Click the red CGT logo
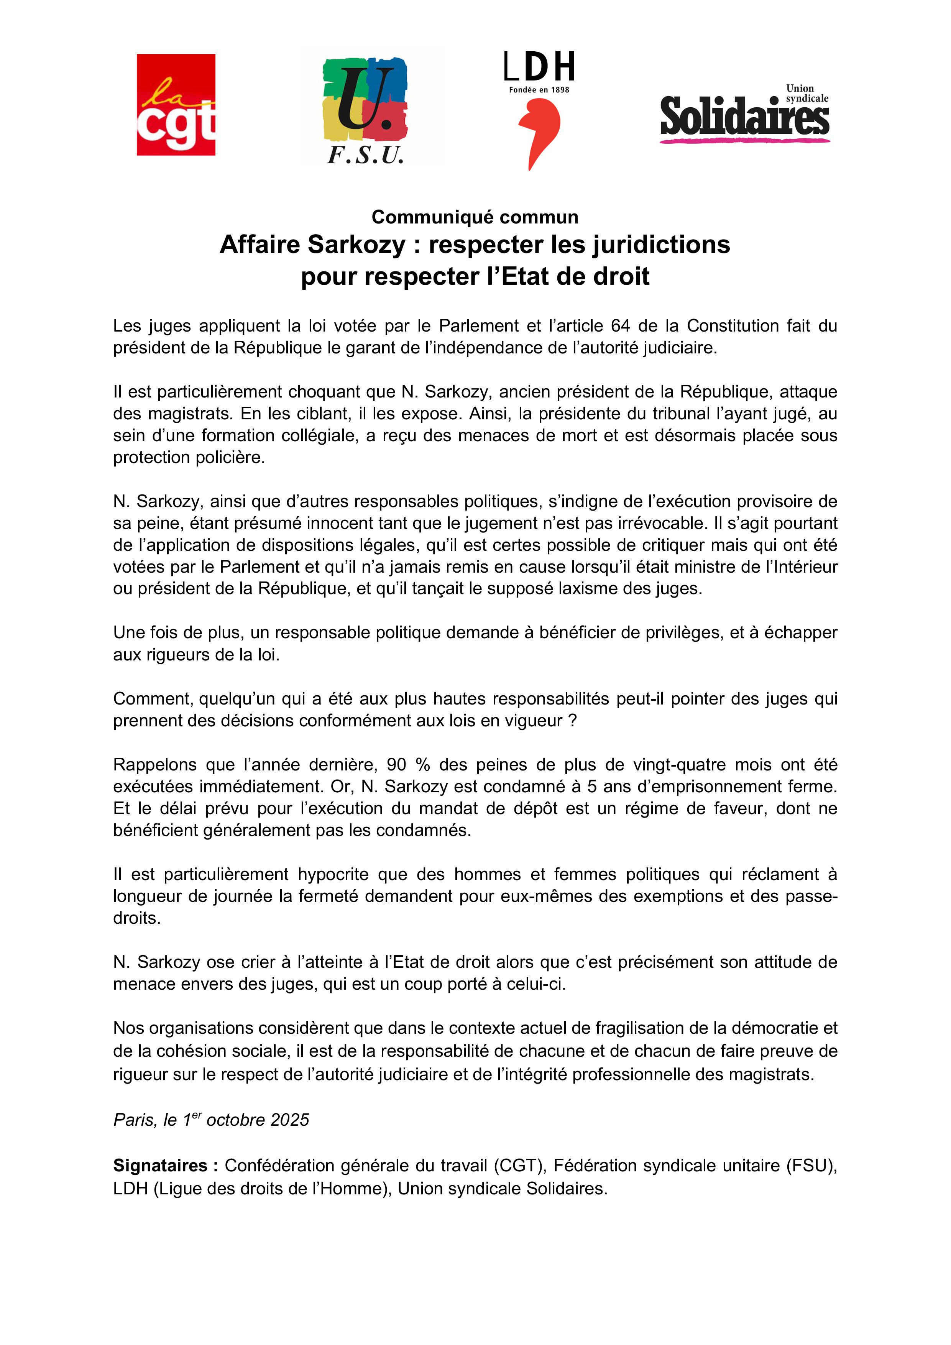pyautogui.click(x=176, y=105)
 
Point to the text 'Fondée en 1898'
pyautogui.click(x=539, y=90)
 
